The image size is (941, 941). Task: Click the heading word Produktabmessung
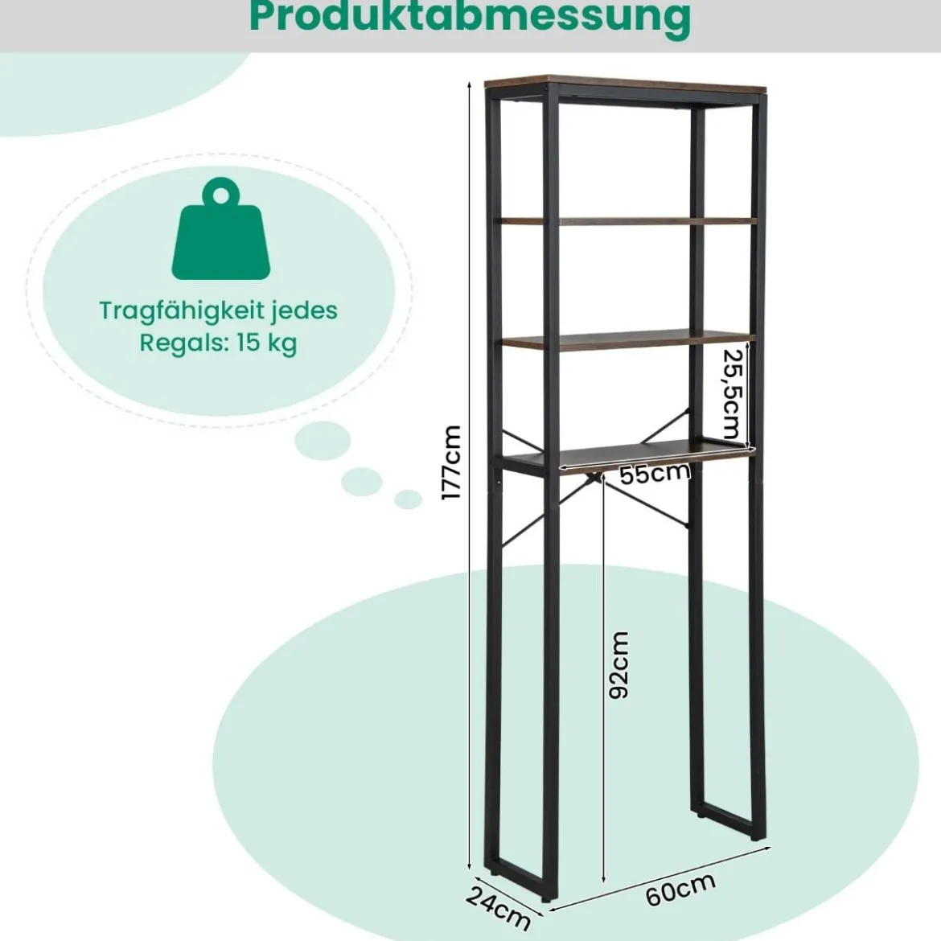tap(470, 18)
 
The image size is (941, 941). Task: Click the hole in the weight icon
tap(221, 195)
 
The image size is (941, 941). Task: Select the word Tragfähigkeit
tap(181, 311)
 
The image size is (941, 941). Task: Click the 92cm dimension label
tap(618, 664)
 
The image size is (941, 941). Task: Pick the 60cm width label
tap(681, 889)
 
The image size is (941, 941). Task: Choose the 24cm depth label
tap(498, 906)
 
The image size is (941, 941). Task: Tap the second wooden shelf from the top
tap(626, 221)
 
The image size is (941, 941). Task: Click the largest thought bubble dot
tap(323, 442)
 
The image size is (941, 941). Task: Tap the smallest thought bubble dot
tap(408, 499)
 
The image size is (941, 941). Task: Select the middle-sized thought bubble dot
tap(362, 481)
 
